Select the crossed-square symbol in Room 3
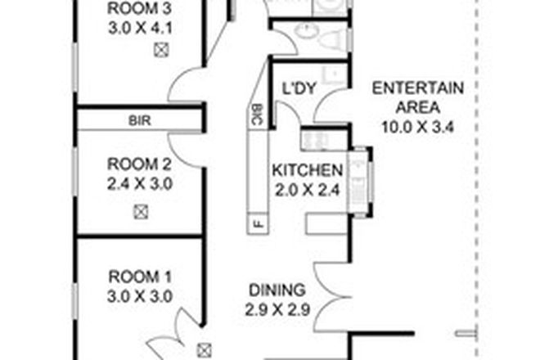coord(162,50)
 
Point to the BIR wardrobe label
coord(139,119)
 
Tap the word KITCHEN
coord(307,171)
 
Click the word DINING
coord(277,290)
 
